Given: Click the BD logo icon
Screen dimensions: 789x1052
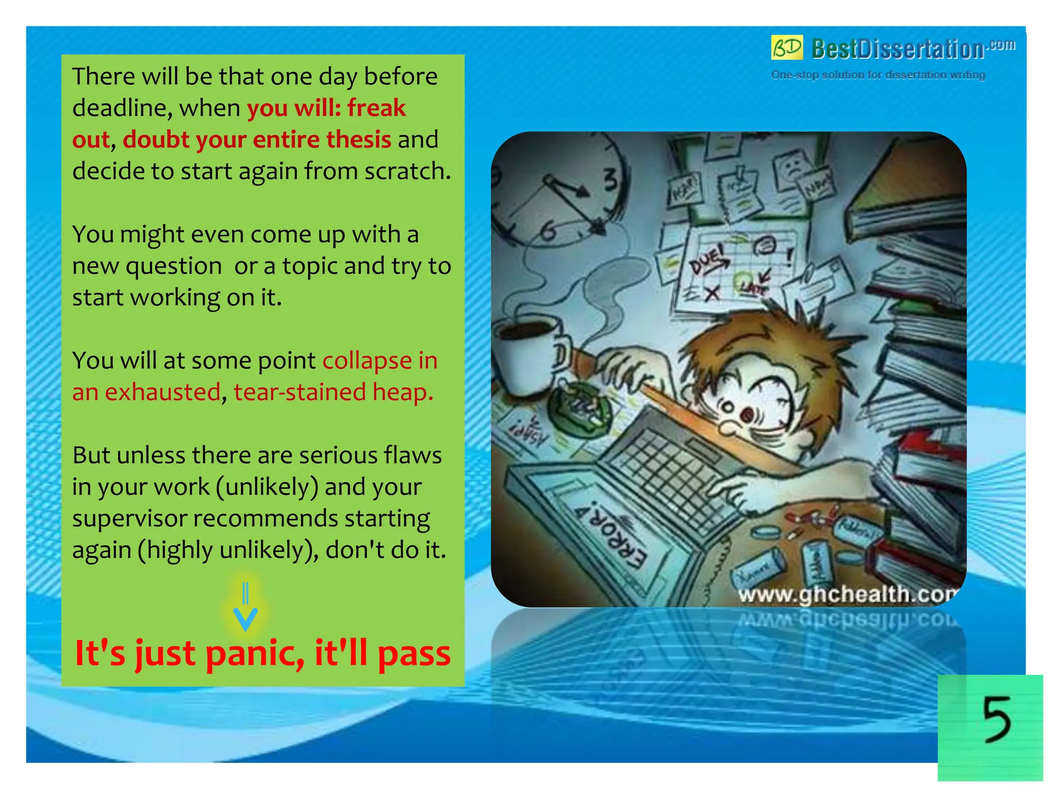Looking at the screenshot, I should point(786,48).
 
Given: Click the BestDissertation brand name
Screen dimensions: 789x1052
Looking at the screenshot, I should point(897,49).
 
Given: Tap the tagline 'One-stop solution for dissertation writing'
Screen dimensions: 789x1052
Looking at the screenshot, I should point(878,75).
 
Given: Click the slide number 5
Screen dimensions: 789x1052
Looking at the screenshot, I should point(996,719).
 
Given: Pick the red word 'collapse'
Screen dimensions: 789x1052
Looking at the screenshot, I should point(367,361).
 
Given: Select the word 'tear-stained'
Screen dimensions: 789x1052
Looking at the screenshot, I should point(299,392).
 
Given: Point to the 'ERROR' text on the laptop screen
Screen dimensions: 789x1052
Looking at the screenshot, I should point(611,535).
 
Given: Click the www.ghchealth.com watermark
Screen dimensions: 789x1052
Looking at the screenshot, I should point(848,594).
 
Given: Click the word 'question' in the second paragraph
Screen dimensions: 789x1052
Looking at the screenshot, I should point(174,267).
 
